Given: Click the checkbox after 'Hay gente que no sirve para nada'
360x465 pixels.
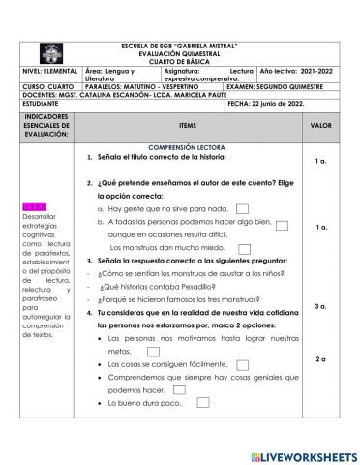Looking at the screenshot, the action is tap(243, 208).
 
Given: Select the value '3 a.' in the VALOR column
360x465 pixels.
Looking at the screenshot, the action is tap(320, 306).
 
